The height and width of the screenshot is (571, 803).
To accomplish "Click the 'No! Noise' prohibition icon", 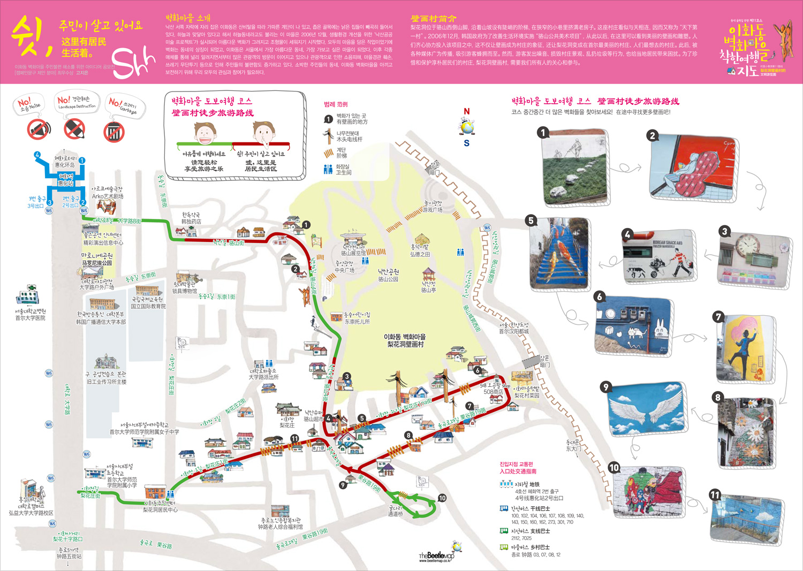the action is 39,130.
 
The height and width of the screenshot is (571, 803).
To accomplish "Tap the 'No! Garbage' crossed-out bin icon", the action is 114,132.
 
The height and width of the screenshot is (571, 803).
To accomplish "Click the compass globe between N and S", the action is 466,127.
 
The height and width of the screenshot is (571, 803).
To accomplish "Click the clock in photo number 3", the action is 748,246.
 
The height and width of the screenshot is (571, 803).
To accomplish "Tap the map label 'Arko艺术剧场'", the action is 107,196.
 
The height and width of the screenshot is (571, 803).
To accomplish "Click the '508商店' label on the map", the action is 493,392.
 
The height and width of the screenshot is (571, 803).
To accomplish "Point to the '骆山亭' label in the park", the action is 428,290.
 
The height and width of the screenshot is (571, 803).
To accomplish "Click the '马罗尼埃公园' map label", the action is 97,263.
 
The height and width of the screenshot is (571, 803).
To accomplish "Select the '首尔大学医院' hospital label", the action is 30,318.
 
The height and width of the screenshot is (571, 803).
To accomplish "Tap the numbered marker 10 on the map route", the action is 442,498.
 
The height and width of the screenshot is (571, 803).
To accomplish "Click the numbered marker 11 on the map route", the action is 294,438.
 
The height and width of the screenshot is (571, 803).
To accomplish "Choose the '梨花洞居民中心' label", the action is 160,510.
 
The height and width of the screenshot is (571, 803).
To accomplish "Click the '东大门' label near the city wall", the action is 573,449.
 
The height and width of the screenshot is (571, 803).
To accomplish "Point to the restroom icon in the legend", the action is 328,170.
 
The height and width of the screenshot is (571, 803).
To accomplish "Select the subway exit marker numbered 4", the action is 37,155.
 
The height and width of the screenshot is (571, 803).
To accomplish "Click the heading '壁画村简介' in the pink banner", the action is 433,19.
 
